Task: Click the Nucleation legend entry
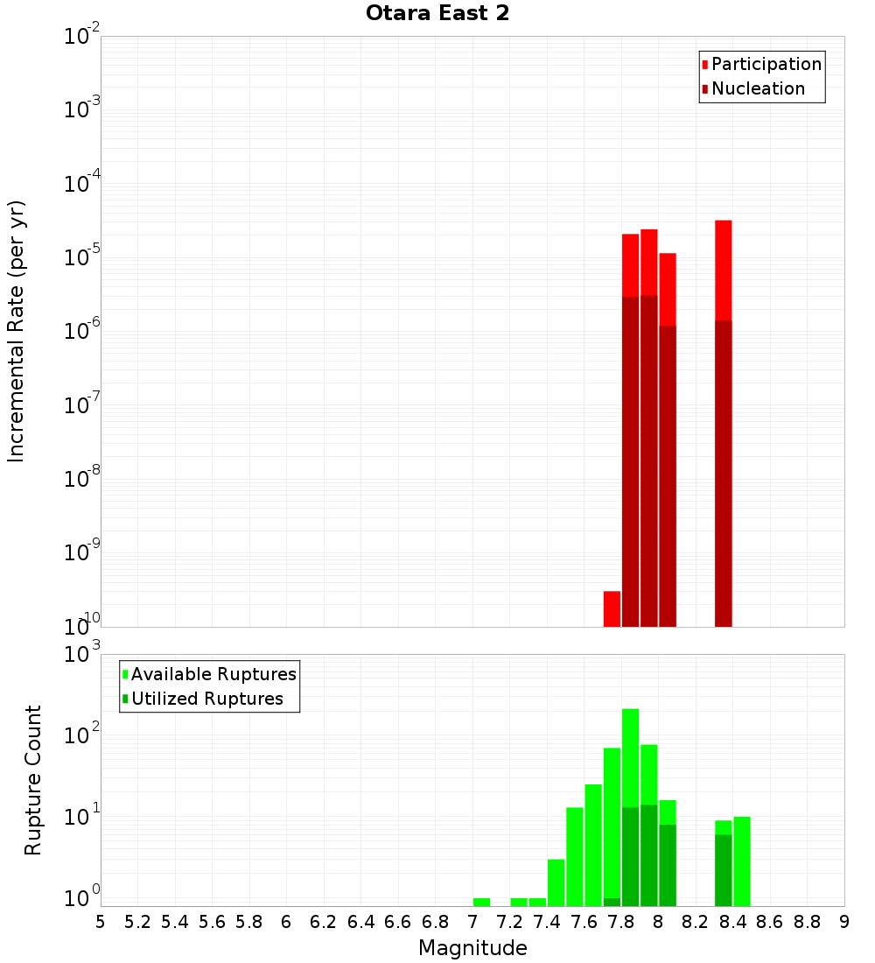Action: (x=758, y=88)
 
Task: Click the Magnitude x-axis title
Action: (x=472, y=947)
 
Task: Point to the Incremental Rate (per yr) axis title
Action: (x=17, y=332)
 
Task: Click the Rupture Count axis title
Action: (x=33, y=780)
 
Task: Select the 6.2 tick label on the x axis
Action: (x=323, y=922)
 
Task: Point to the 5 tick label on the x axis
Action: (x=101, y=922)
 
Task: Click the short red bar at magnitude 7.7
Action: (x=612, y=608)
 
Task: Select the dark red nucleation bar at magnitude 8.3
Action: (x=723, y=473)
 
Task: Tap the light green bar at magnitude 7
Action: (x=481, y=902)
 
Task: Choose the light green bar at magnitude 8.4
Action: (x=742, y=861)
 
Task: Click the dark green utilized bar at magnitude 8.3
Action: (x=723, y=870)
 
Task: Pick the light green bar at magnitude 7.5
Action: (x=575, y=856)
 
